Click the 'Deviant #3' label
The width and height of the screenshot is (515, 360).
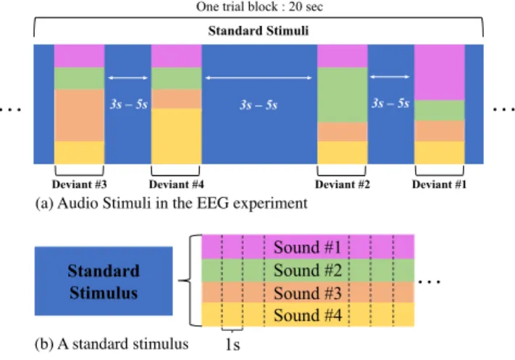(79, 184)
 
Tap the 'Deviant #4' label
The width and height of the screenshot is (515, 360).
(176, 184)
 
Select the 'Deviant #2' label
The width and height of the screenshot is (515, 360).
(342, 184)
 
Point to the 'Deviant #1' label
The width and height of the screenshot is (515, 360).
(439, 184)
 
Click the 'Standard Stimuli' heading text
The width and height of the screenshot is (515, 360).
(259, 30)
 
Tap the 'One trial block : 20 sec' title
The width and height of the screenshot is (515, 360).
(259, 7)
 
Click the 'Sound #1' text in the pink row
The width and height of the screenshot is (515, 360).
(307, 247)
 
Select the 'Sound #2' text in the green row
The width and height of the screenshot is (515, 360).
(307, 270)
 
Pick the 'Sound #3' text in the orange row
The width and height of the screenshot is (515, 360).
(307, 293)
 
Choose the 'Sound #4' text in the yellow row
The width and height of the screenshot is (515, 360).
(307, 315)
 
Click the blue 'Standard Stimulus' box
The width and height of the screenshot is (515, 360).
(104, 281)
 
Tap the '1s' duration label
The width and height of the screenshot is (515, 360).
(233, 344)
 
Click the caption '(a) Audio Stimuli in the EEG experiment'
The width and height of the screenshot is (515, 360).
(171, 204)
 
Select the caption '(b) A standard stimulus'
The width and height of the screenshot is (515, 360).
(112, 344)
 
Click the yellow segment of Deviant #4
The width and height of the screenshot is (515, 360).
(176, 136)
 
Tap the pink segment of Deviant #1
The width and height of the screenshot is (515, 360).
(440, 72)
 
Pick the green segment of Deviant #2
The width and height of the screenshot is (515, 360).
(342, 95)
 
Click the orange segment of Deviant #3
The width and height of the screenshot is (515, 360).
(79, 115)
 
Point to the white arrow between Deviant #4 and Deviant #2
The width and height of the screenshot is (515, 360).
(259, 78)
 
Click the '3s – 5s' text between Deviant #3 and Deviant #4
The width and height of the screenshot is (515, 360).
(129, 104)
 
